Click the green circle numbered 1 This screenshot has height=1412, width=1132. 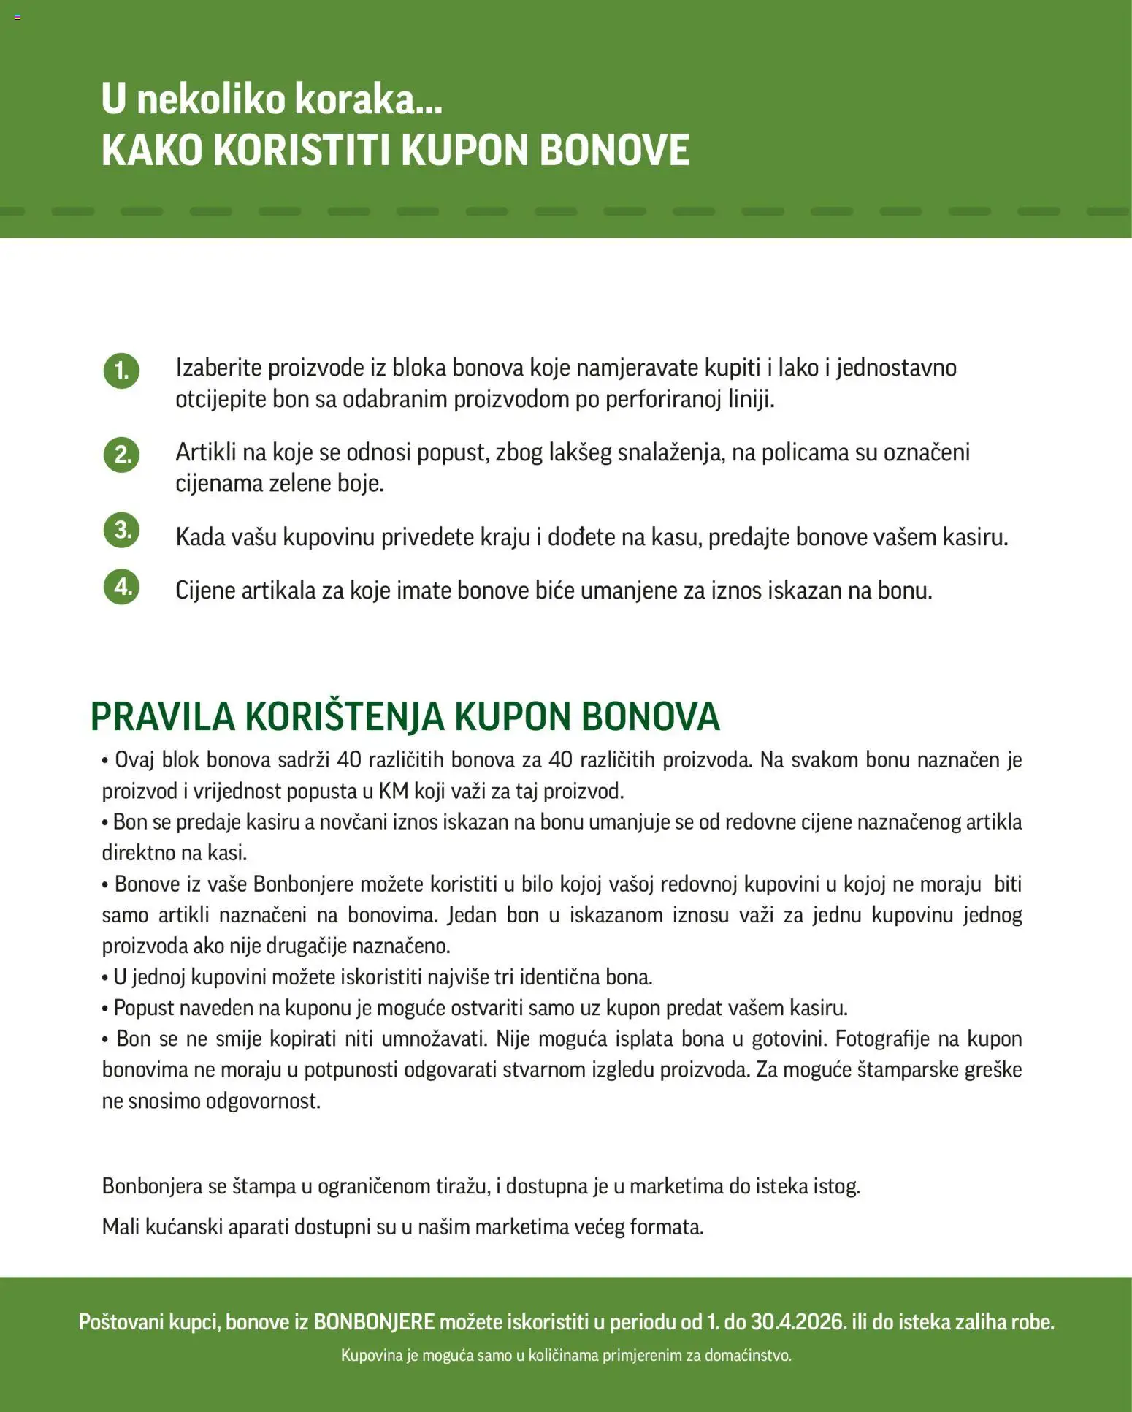tap(121, 371)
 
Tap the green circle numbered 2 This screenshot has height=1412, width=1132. tap(121, 455)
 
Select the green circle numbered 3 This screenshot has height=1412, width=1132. tap(121, 530)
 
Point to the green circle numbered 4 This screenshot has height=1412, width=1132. tap(121, 587)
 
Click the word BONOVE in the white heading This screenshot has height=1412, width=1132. tap(614, 151)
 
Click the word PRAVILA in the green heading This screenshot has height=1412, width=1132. tap(162, 716)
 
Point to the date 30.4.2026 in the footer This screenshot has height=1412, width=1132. tap(798, 1321)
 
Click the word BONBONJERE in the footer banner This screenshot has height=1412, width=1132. tap(374, 1321)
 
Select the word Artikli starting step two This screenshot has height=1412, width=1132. tap(205, 452)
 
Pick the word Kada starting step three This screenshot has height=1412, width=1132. tap(200, 537)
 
